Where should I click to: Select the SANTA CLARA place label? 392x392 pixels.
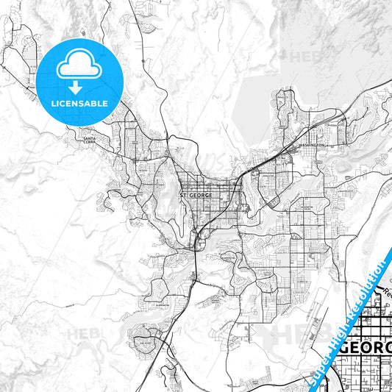90,140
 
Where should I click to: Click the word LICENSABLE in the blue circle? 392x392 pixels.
79,103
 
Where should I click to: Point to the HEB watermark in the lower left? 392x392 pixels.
85,335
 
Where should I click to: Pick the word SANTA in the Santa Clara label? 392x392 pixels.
90,138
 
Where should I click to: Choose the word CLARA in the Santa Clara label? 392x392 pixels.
90,143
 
